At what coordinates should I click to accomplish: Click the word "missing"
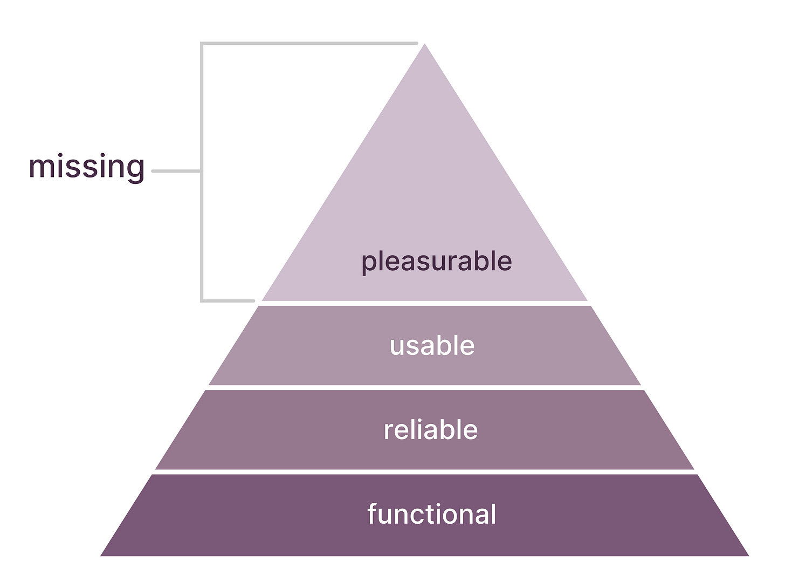click(x=86, y=167)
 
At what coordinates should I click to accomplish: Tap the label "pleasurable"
click(x=436, y=262)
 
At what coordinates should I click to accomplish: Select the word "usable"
click(x=432, y=346)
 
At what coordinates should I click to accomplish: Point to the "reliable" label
click(x=430, y=430)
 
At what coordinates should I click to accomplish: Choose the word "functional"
click(x=431, y=514)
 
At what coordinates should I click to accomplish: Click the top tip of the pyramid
click(x=424, y=45)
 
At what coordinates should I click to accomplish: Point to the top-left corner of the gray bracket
click(x=202, y=43)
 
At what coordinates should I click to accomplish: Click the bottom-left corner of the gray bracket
click(x=202, y=300)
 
